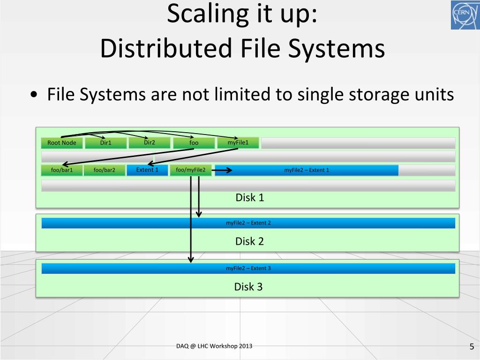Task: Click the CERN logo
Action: [x=465, y=15]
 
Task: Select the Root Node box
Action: [x=62, y=143]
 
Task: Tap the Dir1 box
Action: [x=106, y=143]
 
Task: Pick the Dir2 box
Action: [x=150, y=142]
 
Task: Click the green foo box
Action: [x=194, y=142]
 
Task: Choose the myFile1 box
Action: [x=238, y=142]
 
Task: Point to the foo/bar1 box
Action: [x=62, y=170]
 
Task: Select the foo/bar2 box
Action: [x=104, y=170]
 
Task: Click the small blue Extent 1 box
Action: [x=147, y=170]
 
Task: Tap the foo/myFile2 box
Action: [x=191, y=170]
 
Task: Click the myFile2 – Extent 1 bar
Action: [x=307, y=170]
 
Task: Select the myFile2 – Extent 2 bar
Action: [x=248, y=223]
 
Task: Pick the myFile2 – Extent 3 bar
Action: [x=248, y=269]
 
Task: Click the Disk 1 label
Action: [x=249, y=198]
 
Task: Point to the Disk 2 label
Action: [x=249, y=241]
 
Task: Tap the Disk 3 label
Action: [x=248, y=287]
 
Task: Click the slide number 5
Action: [x=472, y=347]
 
